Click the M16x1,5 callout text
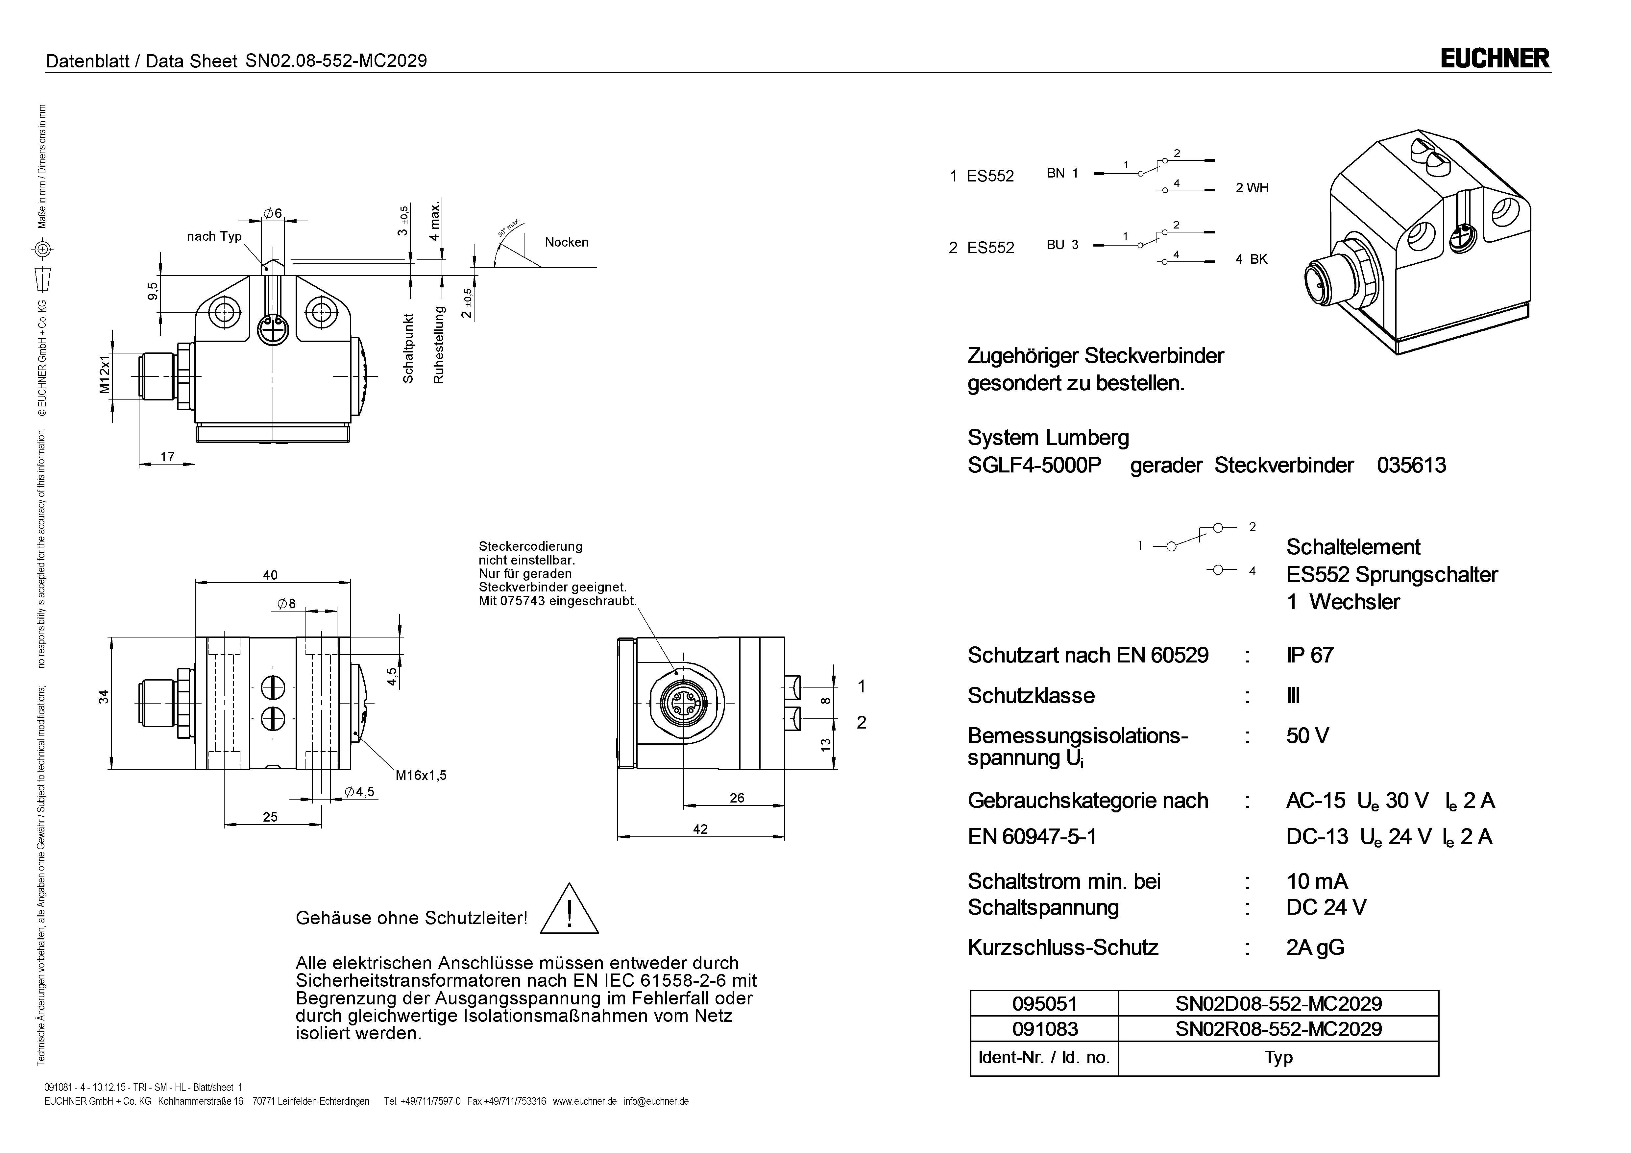[x=421, y=775]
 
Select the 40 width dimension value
[x=270, y=575]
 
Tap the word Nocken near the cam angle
[x=566, y=242]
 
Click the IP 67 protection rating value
[x=1309, y=655]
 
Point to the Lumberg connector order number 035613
[x=1411, y=465]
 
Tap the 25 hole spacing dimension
[x=270, y=817]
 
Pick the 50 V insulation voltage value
[x=1307, y=736]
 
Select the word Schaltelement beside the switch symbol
[x=1352, y=547]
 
